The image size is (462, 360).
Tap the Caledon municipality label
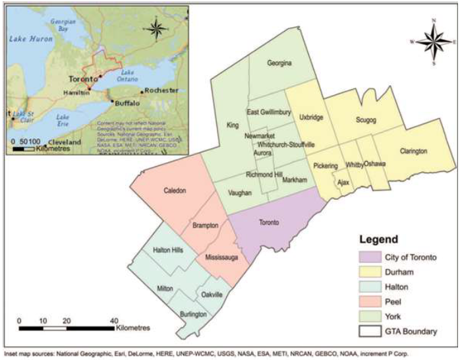(x=175, y=191)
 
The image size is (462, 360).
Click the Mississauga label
(x=221, y=256)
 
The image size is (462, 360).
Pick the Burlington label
(x=193, y=315)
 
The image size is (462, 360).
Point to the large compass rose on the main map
(x=433, y=42)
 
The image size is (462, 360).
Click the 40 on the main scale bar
(x=114, y=320)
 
